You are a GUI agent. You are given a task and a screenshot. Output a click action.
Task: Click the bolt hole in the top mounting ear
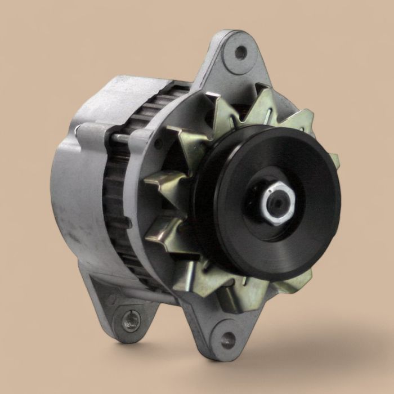pos(240,53)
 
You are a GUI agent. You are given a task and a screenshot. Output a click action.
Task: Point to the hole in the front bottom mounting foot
pos(228,339)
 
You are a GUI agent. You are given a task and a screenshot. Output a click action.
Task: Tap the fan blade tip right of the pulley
pos(335,160)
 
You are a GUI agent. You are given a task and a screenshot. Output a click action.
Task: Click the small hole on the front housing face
pos(159,144)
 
